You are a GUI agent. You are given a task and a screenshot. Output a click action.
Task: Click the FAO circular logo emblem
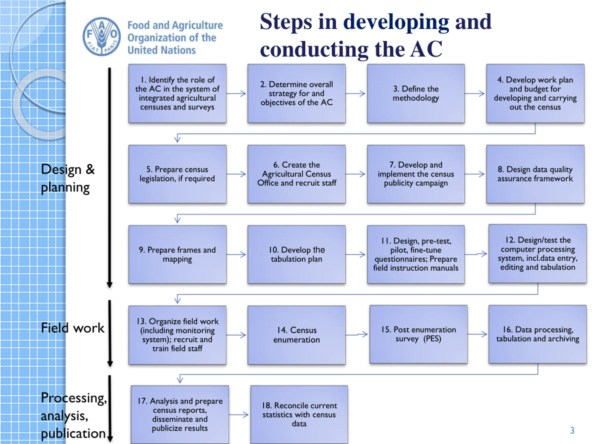(102, 37)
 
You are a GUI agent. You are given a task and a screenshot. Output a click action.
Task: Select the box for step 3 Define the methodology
(416, 93)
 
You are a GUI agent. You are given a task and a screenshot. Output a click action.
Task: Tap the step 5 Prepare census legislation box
(177, 174)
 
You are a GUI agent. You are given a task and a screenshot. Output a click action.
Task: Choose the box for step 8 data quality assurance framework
(535, 174)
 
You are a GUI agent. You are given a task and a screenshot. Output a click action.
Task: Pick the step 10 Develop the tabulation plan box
(296, 254)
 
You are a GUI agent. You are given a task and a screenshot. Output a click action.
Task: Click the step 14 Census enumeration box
(296, 335)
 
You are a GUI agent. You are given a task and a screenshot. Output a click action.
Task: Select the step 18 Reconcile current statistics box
(299, 414)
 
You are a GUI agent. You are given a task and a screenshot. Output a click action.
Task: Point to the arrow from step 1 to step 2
(236, 93)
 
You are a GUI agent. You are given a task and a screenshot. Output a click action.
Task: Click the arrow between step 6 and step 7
(356, 174)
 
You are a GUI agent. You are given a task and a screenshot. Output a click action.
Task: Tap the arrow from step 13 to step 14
(236, 335)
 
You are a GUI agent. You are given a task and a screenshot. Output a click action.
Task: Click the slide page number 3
(572, 430)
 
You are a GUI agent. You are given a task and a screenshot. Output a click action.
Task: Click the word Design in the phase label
(61, 170)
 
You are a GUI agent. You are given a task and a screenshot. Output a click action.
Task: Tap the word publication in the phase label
(73, 433)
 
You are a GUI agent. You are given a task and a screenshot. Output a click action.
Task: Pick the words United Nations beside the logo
(161, 50)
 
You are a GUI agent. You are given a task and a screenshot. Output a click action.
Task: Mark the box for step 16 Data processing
(537, 334)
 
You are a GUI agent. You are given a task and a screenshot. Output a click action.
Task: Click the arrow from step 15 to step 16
(478, 334)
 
